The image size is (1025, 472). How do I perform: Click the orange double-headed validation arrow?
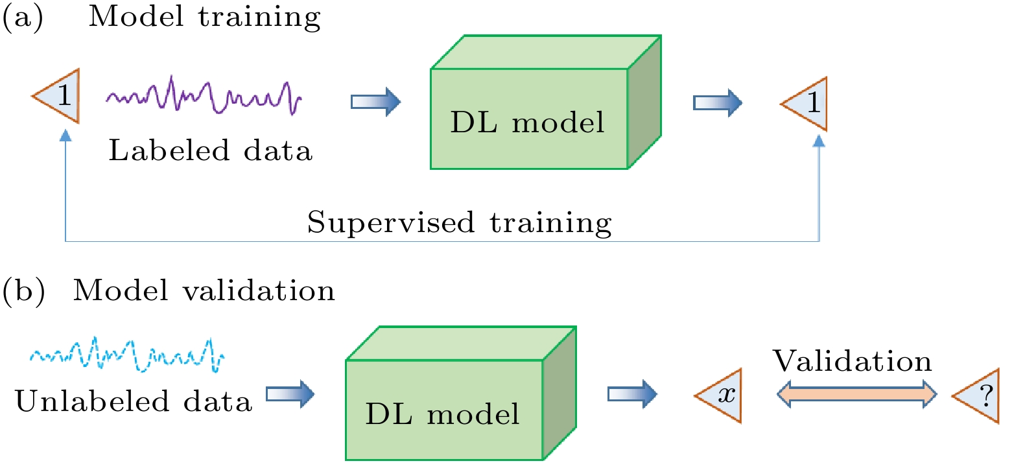(x=857, y=394)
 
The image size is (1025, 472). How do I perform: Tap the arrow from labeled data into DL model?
(x=375, y=102)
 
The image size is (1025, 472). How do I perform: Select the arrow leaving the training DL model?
(x=718, y=102)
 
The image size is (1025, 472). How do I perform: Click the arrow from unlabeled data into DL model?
(x=290, y=394)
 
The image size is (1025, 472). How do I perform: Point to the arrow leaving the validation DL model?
(x=632, y=394)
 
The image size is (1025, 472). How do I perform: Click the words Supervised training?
(x=460, y=223)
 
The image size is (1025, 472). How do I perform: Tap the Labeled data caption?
(x=211, y=150)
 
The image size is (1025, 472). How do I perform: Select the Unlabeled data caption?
(x=134, y=401)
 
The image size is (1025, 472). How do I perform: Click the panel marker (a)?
(x=23, y=18)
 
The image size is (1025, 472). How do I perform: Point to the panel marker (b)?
(x=24, y=291)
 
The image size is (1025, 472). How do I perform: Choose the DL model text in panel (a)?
(x=528, y=123)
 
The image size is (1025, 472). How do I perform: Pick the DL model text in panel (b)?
(x=443, y=414)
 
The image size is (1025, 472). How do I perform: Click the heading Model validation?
(x=204, y=290)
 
